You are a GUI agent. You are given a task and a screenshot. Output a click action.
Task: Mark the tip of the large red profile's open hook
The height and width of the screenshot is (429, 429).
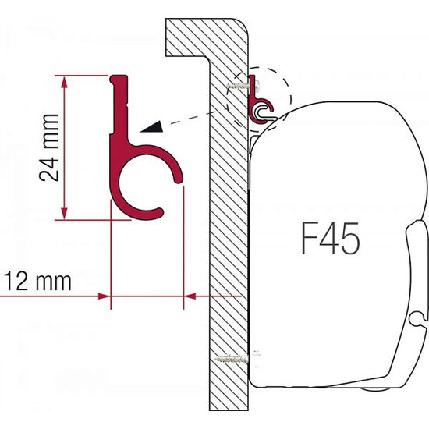pos(182,183)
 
